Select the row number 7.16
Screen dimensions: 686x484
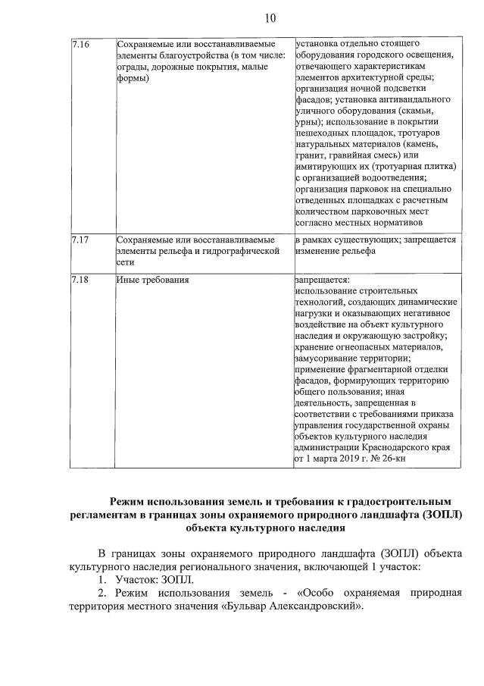coord(80,45)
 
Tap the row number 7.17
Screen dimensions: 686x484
coord(80,240)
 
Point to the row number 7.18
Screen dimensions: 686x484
coord(80,280)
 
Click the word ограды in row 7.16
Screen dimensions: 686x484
coord(135,67)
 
